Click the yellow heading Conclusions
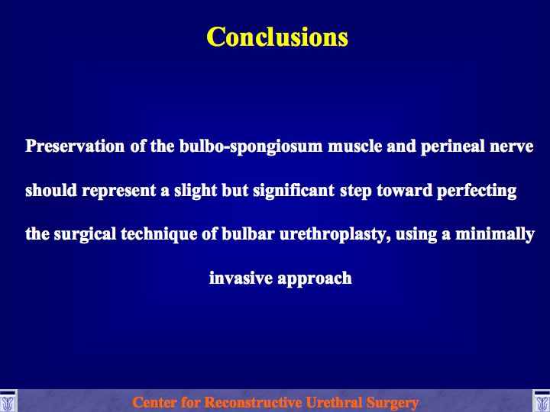[277, 37]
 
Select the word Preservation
[75, 146]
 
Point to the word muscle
[354, 146]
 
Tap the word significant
[293, 191]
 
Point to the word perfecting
[477, 191]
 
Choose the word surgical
[85, 235]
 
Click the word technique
[159, 235]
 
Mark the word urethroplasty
[335, 235]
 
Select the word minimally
[495, 235]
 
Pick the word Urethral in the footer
[334, 402]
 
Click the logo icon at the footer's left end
[8, 401]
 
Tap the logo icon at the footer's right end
[542, 401]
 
